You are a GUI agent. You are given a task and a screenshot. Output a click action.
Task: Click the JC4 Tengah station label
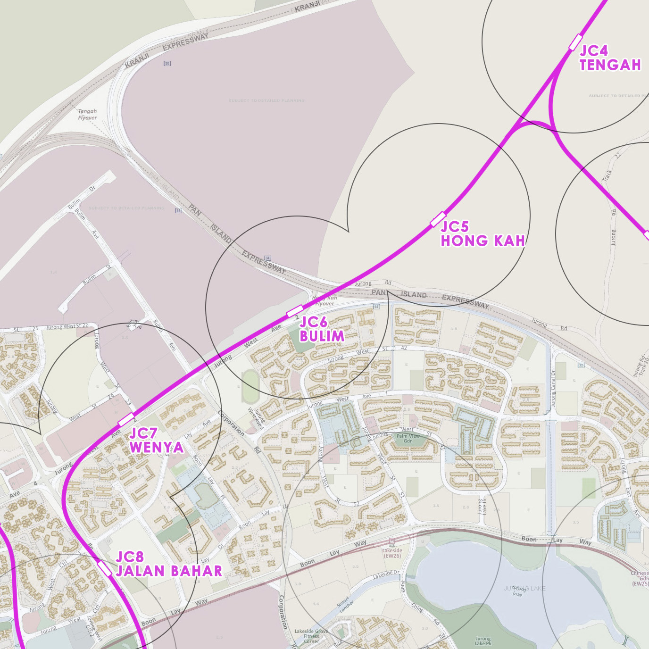(x=610, y=58)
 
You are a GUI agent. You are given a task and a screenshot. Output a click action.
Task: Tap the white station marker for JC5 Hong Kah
(x=438, y=219)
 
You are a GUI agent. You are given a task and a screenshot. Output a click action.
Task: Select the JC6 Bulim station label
(x=322, y=329)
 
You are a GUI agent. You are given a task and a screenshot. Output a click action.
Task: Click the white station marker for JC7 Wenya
(x=126, y=419)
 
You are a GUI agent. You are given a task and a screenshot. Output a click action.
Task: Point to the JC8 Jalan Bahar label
(x=168, y=564)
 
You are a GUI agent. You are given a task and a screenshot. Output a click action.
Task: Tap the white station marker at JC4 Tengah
(x=575, y=42)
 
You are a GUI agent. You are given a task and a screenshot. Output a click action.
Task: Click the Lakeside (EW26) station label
(x=392, y=553)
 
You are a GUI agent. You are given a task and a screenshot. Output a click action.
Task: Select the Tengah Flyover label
(x=87, y=115)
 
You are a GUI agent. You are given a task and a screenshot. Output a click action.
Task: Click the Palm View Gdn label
(x=408, y=438)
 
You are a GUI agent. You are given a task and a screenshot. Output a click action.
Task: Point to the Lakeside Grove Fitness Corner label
(x=311, y=636)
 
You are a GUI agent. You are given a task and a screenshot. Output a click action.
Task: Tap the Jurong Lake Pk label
(x=483, y=641)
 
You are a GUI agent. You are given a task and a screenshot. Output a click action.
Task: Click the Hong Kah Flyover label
(x=325, y=300)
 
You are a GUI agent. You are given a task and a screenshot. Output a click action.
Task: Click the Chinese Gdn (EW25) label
(x=640, y=578)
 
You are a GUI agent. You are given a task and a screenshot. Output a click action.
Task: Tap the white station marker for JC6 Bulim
(x=295, y=311)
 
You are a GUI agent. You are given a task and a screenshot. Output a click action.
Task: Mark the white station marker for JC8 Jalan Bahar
(x=104, y=568)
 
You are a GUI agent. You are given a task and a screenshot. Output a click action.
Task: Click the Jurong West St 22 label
(x=67, y=326)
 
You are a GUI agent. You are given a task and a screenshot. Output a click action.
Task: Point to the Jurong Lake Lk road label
(x=482, y=507)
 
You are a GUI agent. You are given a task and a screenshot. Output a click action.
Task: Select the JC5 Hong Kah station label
(x=483, y=233)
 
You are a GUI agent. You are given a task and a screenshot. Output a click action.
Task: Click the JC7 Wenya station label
(x=156, y=440)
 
